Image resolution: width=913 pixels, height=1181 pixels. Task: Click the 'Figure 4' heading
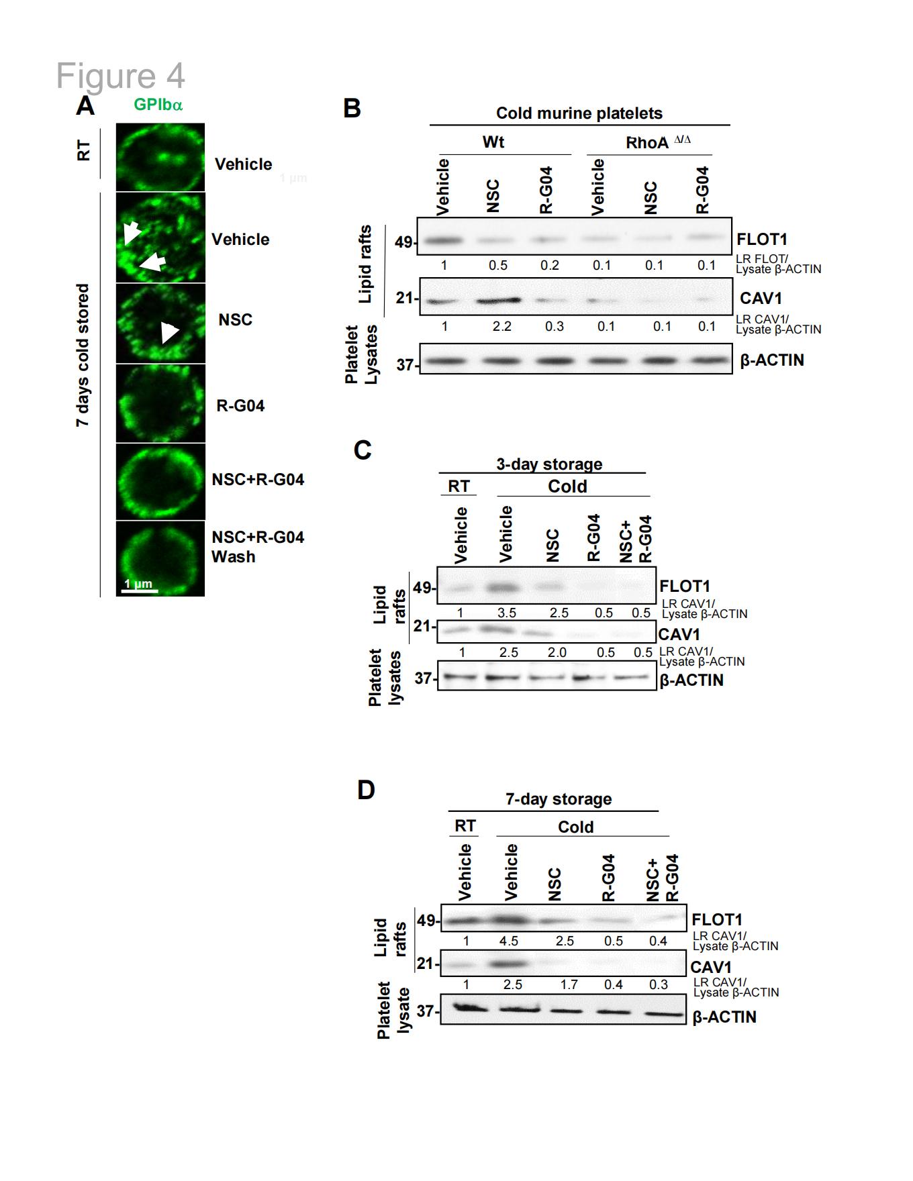pyautogui.click(x=120, y=76)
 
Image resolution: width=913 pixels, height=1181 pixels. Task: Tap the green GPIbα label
pyautogui.click(x=158, y=105)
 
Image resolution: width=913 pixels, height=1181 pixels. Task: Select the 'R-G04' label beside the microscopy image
pyautogui.click(x=240, y=405)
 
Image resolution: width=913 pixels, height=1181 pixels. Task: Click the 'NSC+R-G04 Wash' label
pyautogui.click(x=258, y=547)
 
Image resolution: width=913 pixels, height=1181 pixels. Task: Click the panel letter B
pyautogui.click(x=352, y=108)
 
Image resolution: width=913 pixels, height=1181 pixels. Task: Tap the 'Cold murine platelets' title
pyautogui.click(x=579, y=113)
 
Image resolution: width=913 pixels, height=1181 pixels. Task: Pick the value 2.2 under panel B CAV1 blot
pyautogui.click(x=501, y=326)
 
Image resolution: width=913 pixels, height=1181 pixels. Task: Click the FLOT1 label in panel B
pyautogui.click(x=762, y=239)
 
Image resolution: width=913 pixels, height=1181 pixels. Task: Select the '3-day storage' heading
pyautogui.click(x=549, y=464)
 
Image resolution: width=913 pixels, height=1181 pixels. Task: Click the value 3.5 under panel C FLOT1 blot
pyautogui.click(x=507, y=613)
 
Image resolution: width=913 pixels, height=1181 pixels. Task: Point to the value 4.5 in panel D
pyautogui.click(x=509, y=941)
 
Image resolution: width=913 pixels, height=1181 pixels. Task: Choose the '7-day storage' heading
pyautogui.click(x=559, y=799)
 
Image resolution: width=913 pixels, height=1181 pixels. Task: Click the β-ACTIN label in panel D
pyautogui.click(x=724, y=1017)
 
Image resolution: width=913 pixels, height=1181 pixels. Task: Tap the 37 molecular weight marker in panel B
pyautogui.click(x=405, y=364)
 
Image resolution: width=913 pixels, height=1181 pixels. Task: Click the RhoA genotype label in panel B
pyautogui.click(x=658, y=142)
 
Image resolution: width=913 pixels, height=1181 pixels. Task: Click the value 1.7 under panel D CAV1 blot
pyautogui.click(x=569, y=984)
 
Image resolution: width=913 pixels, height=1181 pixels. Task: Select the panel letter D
pyautogui.click(x=366, y=790)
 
